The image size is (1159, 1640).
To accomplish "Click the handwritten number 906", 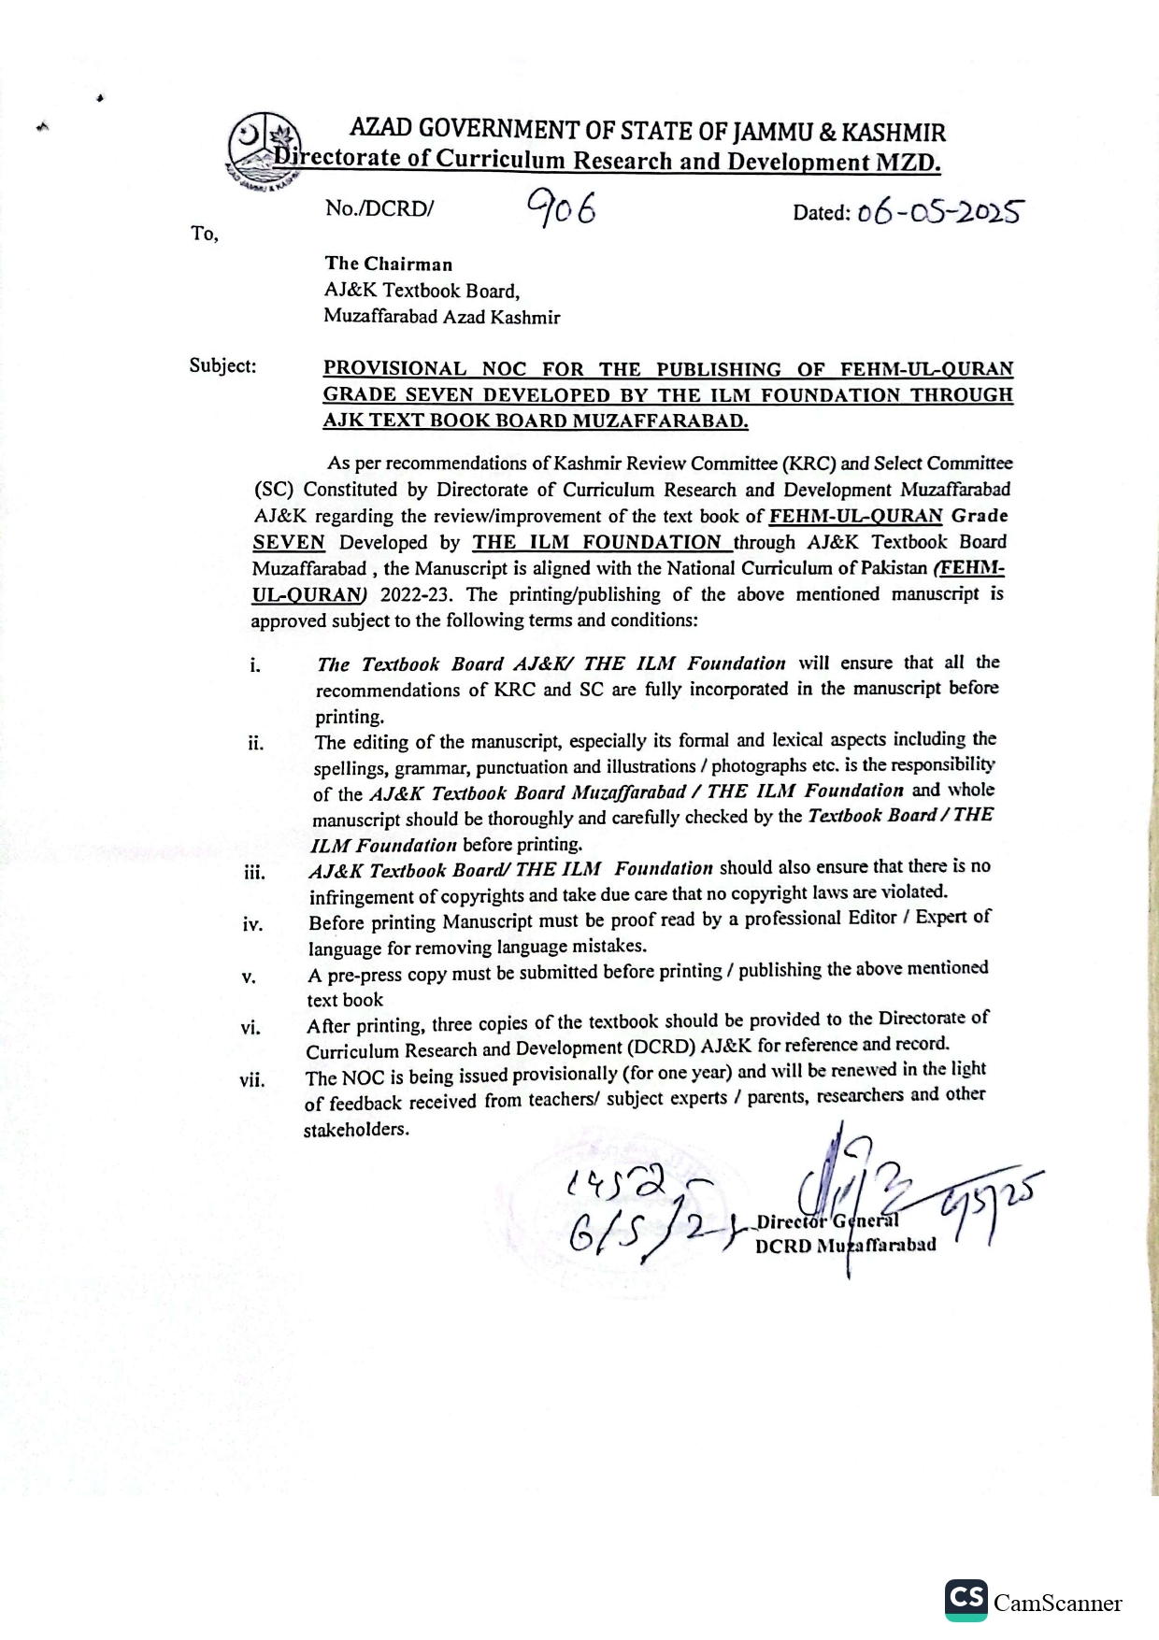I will (x=561, y=207).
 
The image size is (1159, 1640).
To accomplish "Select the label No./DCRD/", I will (x=379, y=208).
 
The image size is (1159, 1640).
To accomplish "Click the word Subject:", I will (x=222, y=365).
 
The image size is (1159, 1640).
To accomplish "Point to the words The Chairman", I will (x=388, y=264).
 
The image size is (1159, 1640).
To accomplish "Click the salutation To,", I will (x=205, y=234).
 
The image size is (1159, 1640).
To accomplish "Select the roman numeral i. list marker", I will (x=254, y=666).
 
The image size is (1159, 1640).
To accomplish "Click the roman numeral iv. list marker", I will (x=252, y=925).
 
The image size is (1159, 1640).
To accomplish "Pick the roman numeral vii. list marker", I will (x=251, y=1081).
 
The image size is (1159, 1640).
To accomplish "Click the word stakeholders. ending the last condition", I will (x=355, y=1130).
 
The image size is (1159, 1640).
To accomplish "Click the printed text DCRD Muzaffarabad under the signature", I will (x=845, y=1246).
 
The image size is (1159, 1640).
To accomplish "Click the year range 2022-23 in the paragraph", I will (x=416, y=595).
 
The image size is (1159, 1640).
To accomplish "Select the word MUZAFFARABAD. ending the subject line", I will (x=660, y=421).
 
